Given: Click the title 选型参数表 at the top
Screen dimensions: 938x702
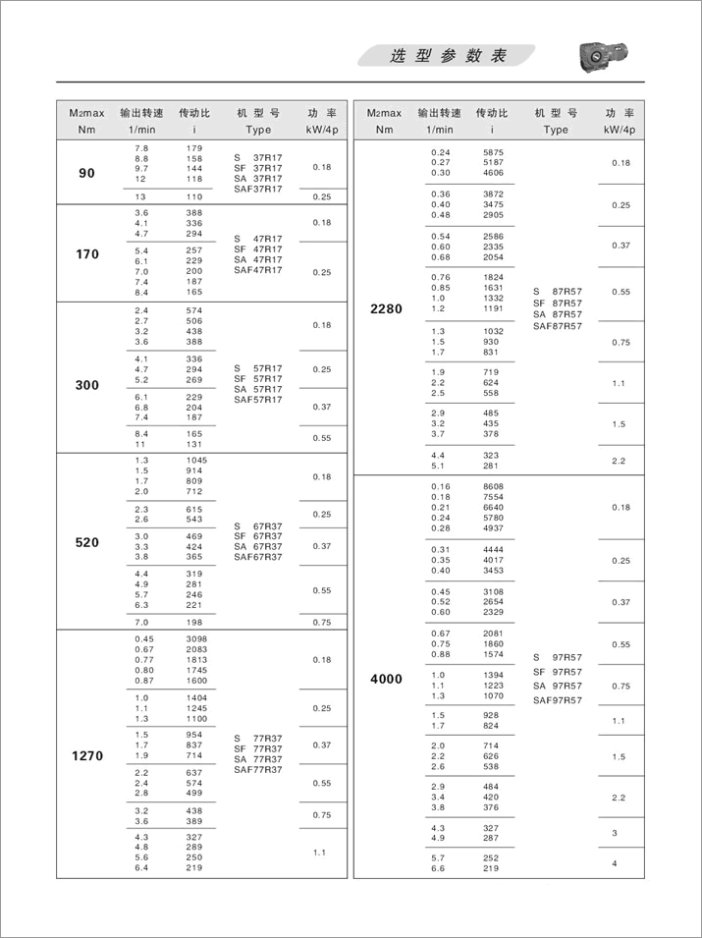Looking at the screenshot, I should click(448, 57).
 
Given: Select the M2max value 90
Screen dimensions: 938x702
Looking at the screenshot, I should click(87, 173).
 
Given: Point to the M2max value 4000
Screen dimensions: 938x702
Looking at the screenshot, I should click(386, 679).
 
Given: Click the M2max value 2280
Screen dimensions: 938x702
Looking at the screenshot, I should click(386, 308).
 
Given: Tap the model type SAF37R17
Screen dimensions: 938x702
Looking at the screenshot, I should click(257, 189).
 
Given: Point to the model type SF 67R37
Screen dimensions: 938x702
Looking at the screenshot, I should click(257, 535).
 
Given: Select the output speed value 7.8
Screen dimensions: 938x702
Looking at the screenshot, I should click(141, 147).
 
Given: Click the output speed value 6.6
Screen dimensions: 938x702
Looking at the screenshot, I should click(438, 868).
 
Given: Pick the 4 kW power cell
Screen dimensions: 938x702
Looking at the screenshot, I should click(615, 863).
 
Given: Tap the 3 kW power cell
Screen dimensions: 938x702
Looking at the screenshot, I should click(615, 833).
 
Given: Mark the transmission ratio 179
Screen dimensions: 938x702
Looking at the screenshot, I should click(194, 147).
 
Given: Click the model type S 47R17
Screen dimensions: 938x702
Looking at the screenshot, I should click(257, 239).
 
